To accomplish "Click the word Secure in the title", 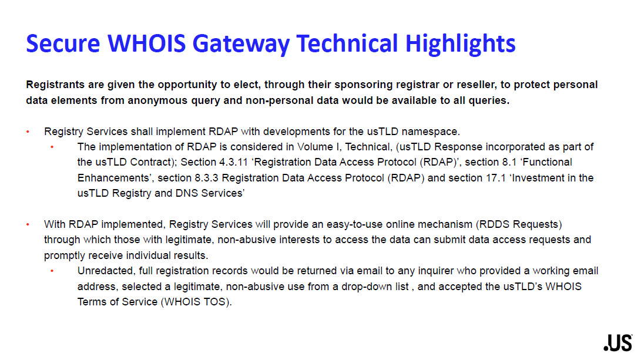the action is click(63, 43).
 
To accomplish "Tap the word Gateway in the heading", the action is click(241, 44).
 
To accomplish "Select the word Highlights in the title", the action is click(460, 44).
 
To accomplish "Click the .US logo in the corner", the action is click(617, 343).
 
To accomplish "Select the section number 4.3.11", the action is click(233, 162).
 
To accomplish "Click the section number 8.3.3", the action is click(206, 178).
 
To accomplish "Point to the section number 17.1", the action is click(496, 178).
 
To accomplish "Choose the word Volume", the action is click(315, 147).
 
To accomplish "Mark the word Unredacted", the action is click(106, 271).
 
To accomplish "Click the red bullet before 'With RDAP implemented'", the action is click(28, 224).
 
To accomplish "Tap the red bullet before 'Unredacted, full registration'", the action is click(52, 271).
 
